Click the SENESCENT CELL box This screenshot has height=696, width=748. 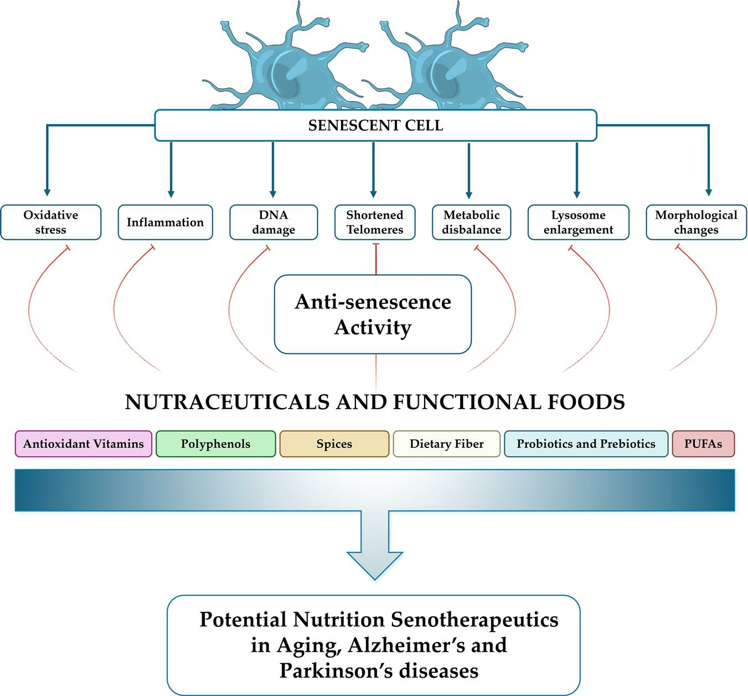(375, 125)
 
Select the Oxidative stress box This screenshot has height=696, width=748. (51, 222)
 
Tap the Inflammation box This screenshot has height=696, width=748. (165, 222)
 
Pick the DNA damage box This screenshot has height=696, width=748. (274, 222)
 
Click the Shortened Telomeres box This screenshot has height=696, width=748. (375, 222)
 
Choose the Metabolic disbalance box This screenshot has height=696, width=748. (471, 222)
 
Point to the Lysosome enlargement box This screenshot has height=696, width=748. (578, 222)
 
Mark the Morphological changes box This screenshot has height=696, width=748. (696, 222)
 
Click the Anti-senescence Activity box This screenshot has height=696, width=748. (373, 314)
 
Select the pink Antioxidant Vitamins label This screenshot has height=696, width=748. (84, 444)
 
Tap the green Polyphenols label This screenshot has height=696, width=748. (215, 444)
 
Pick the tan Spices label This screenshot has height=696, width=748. (334, 444)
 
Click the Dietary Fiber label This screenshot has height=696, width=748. (447, 444)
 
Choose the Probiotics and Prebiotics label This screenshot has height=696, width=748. (586, 444)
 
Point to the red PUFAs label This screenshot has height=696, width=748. (703, 444)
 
